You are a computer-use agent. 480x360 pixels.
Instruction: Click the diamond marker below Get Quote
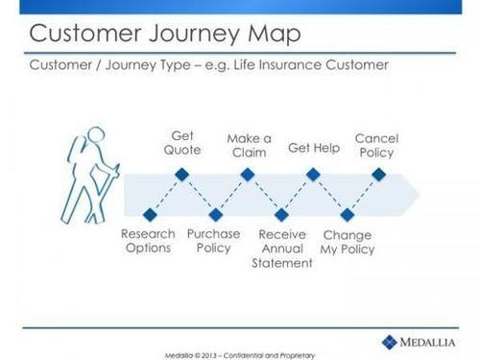click(180, 175)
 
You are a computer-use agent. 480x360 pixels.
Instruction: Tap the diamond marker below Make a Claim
click(247, 175)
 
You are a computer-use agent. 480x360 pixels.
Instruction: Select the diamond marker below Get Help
click(312, 175)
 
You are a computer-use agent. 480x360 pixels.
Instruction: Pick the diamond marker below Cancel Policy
click(377, 175)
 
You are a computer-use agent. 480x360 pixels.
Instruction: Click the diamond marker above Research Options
click(148, 213)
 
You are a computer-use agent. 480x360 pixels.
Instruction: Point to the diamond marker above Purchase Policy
click(214, 213)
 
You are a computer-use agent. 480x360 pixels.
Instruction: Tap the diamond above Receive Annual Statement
click(280, 213)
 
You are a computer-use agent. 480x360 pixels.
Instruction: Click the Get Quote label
click(181, 143)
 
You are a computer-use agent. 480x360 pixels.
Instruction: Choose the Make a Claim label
click(249, 144)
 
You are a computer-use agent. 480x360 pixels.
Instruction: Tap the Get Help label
click(315, 149)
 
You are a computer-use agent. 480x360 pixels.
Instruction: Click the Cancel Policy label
click(376, 145)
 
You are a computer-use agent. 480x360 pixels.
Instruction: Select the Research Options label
click(148, 241)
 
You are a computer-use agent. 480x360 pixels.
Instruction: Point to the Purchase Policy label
click(214, 241)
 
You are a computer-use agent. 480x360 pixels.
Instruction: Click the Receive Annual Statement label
click(281, 249)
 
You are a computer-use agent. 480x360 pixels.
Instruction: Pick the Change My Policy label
click(348, 242)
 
